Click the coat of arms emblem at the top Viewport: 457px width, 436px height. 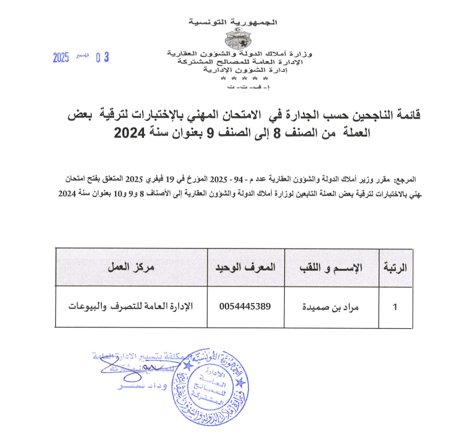242,39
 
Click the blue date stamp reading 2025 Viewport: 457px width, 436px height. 61,57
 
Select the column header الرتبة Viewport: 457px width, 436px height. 395,267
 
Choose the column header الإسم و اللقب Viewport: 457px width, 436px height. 330,267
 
